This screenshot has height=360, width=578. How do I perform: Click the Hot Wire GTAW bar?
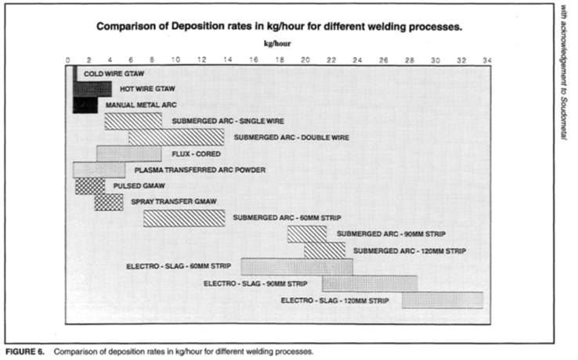[92, 89]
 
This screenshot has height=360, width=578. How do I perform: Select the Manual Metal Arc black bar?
[85, 106]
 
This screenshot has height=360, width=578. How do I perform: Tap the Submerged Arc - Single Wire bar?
[133, 121]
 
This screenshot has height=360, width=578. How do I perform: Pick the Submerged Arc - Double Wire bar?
[176, 137]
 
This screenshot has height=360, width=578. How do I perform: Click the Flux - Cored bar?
[129, 153]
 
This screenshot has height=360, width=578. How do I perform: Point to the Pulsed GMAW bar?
[90, 186]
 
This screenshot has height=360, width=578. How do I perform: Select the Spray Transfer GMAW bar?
[109, 202]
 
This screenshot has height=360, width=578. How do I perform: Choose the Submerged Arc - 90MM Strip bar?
[307, 234]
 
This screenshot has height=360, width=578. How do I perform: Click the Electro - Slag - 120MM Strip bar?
[443, 300]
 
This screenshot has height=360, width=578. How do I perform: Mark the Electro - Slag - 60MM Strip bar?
[297, 267]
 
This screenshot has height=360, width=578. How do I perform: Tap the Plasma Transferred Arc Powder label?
[200, 171]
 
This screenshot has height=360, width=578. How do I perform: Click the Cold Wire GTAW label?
[114, 74]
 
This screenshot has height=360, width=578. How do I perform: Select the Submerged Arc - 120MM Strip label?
[410, 251]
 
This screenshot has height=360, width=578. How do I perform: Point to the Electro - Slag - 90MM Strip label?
[255, 284]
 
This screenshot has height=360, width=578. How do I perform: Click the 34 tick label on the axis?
[487, 60]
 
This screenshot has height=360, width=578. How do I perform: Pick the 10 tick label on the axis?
[175, 60]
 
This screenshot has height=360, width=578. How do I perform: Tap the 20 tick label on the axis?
[305, 60]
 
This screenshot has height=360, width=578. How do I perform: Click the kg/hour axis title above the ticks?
[277, 44]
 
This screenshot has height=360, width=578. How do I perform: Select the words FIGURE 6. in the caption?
[25, 351]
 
